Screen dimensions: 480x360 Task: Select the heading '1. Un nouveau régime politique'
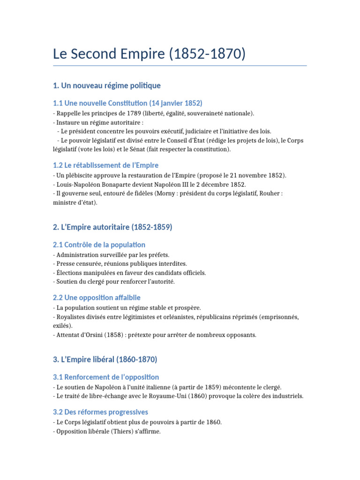[107, 85]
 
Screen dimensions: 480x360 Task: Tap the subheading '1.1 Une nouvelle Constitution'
[127, 103]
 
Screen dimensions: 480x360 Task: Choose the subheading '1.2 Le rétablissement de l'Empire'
[106, 165]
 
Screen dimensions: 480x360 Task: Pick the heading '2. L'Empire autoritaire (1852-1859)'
[113, 227]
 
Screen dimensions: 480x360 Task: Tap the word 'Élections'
[70, 272]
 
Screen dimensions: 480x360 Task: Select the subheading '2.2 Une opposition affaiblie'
[97, 298]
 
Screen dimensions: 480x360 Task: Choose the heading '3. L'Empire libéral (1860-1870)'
[105, 360]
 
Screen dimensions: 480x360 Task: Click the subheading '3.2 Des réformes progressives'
[101, 412]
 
